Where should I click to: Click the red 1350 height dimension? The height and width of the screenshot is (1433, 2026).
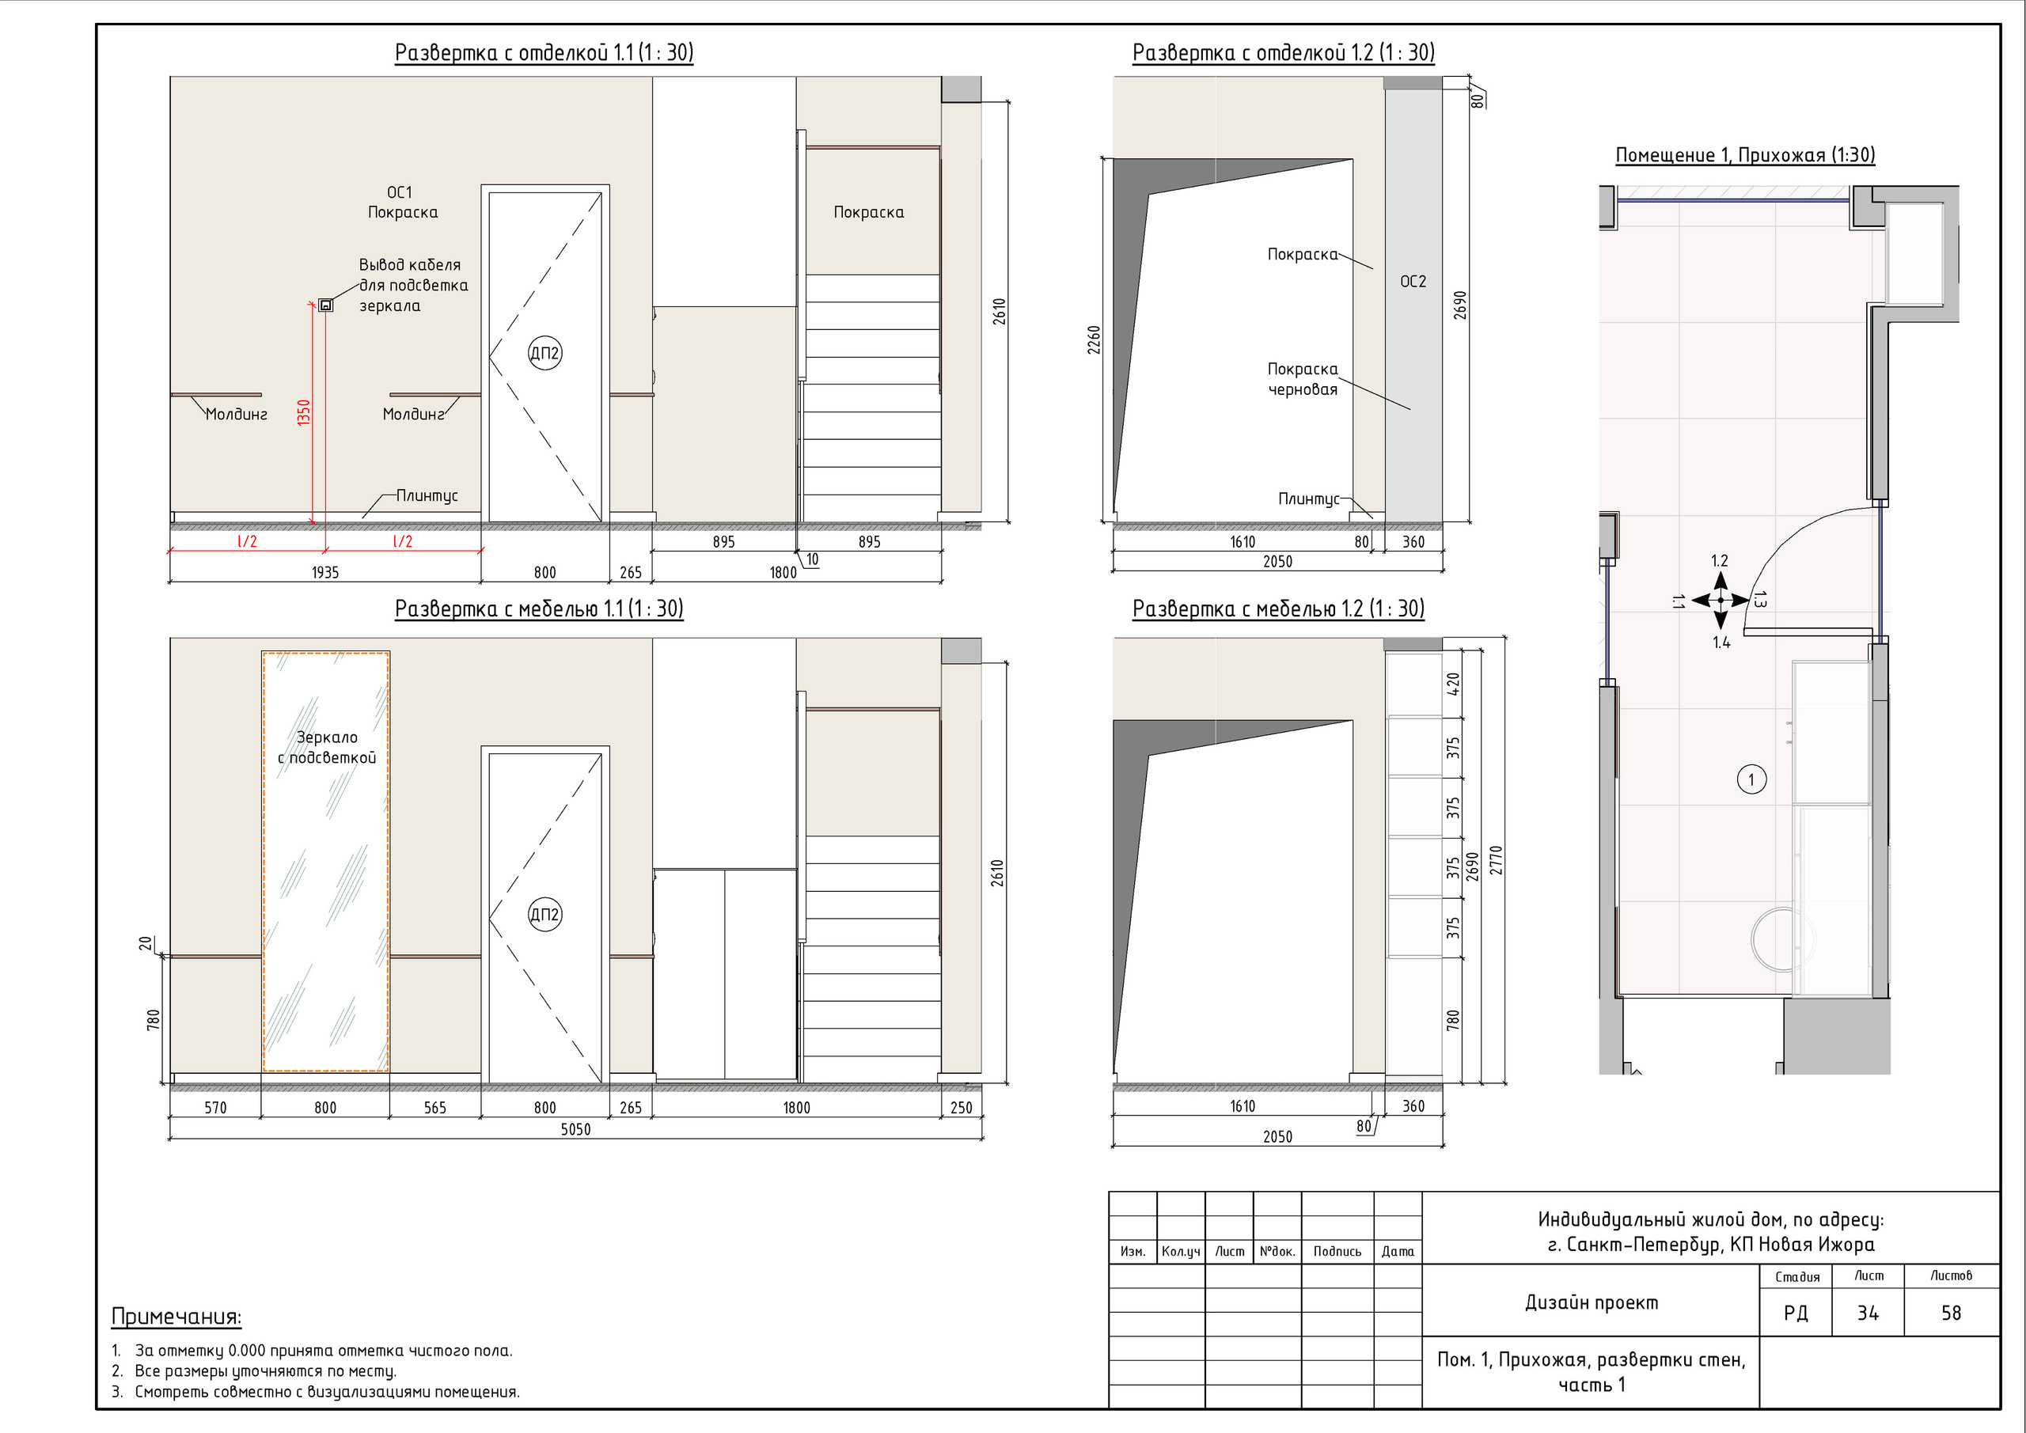point(305,413)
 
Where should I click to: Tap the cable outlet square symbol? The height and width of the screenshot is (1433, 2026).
point(325,305)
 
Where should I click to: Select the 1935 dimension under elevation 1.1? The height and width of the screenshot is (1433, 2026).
point(324,573)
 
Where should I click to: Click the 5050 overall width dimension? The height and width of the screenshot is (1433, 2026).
point(575,1129)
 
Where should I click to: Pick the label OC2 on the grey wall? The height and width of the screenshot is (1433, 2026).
point(1413,282)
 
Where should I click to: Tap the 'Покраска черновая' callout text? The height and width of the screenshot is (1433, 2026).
point(1303,380)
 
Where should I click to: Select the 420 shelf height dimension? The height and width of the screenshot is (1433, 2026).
point(1453,684)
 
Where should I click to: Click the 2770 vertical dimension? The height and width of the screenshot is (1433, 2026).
point(1496,860)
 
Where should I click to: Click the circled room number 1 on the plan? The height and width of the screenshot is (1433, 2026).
point(1751,779)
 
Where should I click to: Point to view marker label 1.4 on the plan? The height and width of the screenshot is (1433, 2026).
point(1721,643)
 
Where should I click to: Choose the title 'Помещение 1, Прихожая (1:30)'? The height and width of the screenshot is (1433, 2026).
point(1744,155)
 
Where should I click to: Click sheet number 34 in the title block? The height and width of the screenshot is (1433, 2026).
point(1867,1314)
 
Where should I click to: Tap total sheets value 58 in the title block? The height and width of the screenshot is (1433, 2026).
point(1951,1314)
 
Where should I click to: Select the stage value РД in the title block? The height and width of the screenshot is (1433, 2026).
point(1796,1314)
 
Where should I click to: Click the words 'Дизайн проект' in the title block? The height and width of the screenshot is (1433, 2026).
point(1592,1302)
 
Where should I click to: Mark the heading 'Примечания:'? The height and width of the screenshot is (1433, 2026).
point(176,1317)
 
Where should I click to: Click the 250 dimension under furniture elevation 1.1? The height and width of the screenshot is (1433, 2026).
point(961,1109)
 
